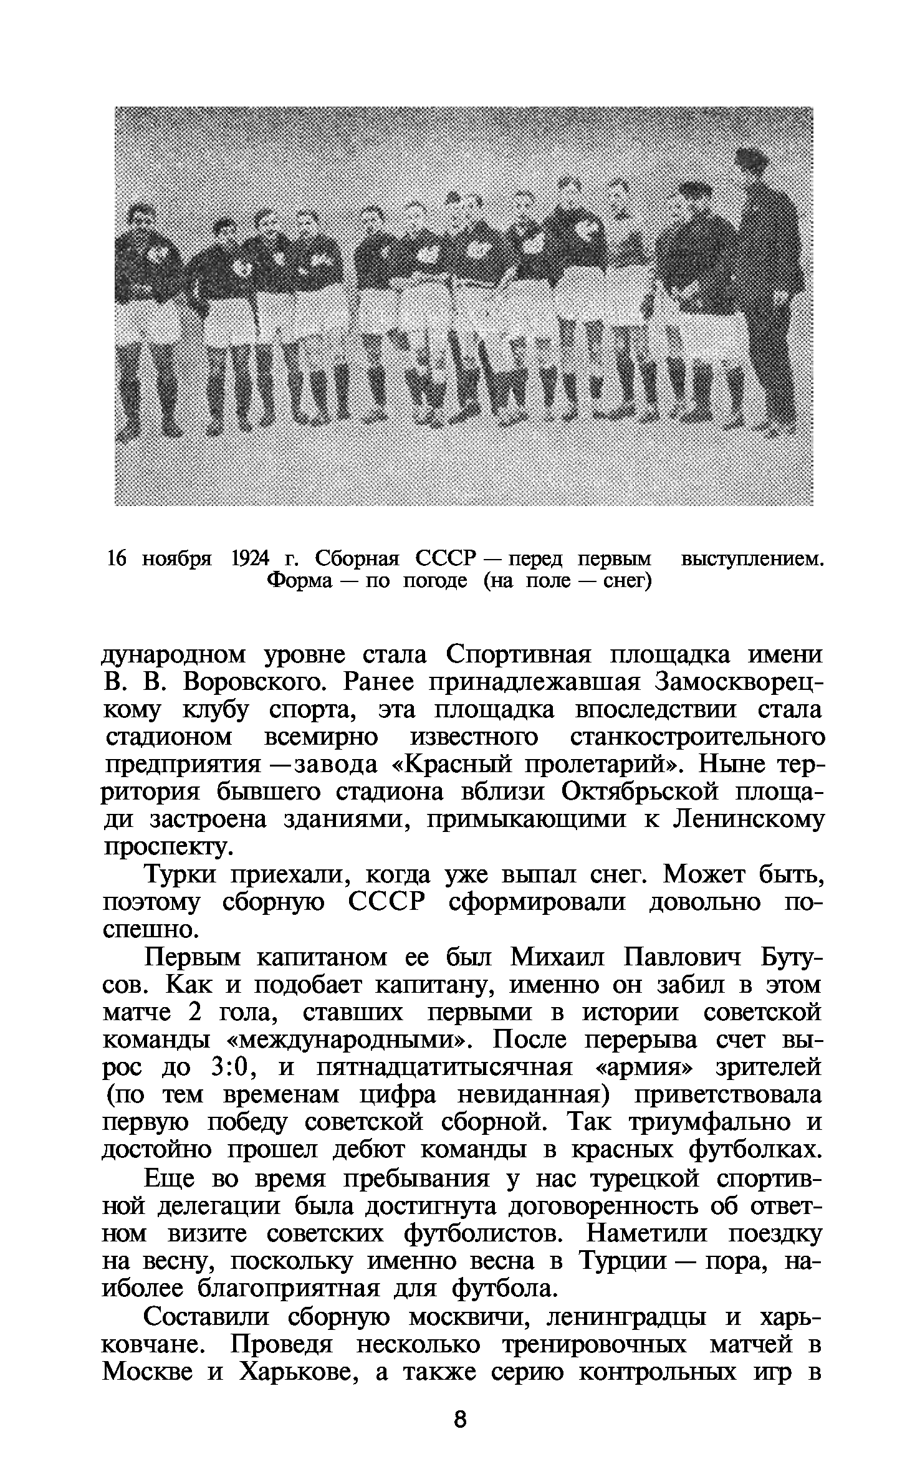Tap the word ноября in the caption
[177, 558]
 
